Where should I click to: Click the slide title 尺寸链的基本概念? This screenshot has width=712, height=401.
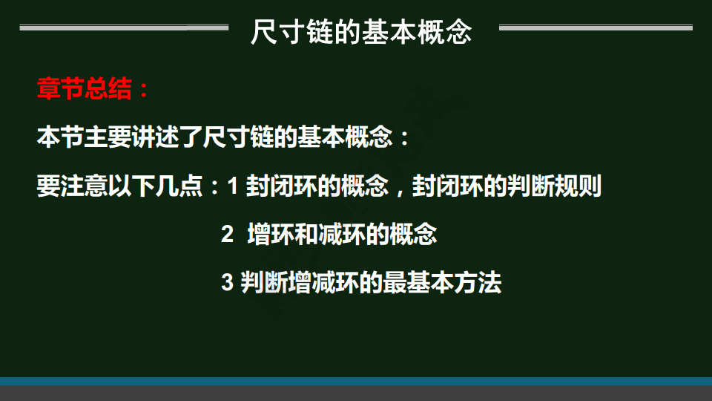coord(361,32)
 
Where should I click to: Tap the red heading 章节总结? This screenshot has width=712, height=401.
coord(85,88)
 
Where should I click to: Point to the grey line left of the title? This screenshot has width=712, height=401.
coord(124,27)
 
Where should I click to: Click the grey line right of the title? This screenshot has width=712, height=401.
coord(596,27)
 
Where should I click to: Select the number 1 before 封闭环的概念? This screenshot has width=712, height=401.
coord(232,186)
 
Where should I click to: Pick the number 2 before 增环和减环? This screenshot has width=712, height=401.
coord(227,234)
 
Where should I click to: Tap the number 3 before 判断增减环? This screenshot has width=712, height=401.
coord(227,282)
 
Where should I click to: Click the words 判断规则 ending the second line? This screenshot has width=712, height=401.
coord(554,186)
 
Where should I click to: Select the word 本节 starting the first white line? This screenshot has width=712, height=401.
coord(60,137)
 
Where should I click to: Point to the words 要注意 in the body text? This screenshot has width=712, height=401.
coord(73,186)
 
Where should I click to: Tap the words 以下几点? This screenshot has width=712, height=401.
coord(155,186)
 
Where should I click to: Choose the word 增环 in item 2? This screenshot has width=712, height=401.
coord(271,234)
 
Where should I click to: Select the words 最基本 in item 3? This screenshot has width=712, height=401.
coord(418,282)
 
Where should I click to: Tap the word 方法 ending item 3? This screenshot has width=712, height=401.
coord(477,282)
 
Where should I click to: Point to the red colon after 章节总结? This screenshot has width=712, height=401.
coord(144,89)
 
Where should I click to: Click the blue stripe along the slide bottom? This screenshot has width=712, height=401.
coord(356,382)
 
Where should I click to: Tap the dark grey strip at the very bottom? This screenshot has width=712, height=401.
coord(356,394)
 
